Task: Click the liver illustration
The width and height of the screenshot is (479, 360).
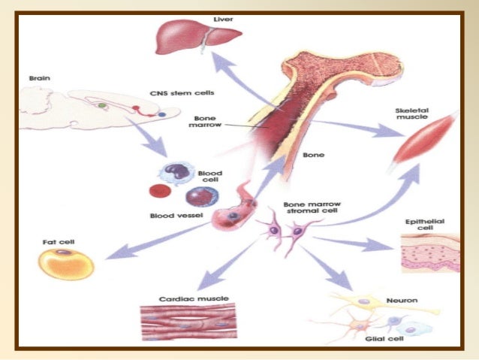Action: [197, 38]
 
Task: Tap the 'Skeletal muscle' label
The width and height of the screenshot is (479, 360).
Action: [417, 116]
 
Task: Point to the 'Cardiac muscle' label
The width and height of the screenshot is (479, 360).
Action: [183, 298]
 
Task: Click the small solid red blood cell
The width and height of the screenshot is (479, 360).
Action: [158, 191]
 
